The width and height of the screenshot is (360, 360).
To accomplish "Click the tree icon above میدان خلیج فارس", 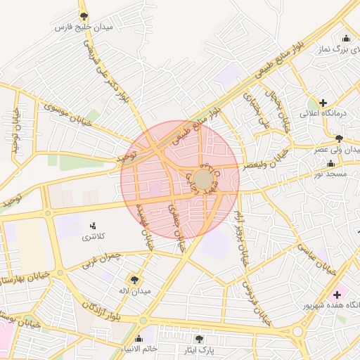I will [84, 15].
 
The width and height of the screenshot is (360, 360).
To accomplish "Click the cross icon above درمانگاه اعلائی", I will [323, 103].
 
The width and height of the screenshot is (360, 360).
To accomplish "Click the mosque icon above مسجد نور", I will [330, 163].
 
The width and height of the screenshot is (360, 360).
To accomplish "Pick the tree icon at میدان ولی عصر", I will [340, 139].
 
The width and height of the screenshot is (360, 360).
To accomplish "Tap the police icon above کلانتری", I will [93, 226].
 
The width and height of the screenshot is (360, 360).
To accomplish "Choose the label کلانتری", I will [94, 237].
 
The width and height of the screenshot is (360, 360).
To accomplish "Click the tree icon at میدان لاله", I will [134, 280].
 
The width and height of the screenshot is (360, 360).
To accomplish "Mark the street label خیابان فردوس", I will [257, 303].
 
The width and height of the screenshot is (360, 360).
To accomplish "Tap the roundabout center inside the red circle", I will [203, 178].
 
